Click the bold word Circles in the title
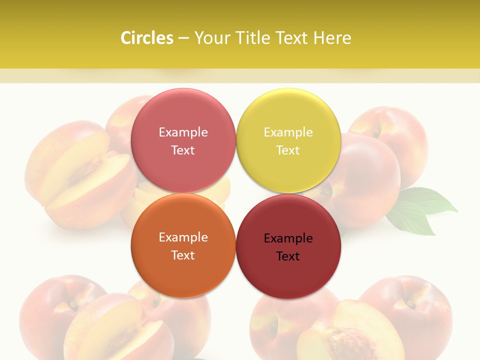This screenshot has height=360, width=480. [147, 38]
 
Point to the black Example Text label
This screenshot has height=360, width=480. [288, 247]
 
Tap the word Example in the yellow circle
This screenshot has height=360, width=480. [288, 132]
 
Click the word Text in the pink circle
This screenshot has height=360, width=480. [183, 150]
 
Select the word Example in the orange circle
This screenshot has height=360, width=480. [183, 237]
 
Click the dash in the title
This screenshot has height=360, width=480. [183, 38]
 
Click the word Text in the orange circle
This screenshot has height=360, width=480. [183, 255]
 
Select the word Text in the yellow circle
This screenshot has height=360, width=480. [288, 150]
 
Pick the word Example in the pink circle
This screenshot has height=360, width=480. [183, 132]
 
